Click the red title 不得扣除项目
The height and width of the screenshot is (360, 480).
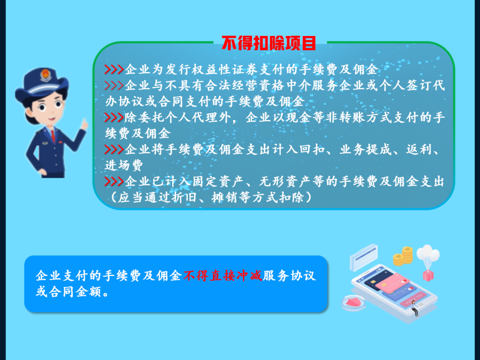point(268,43)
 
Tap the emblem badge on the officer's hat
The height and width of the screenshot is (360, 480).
point(45,75)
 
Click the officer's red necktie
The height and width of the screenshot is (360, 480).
point(54,136)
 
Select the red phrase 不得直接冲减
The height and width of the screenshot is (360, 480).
point(223,276)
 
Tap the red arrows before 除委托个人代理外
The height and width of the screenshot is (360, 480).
point(114,117)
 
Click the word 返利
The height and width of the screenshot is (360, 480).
point(420,149)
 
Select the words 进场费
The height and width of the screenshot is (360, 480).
point(124,165)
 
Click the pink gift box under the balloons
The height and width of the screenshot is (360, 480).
point(428,275)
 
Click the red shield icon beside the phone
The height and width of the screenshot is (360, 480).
point(353,303)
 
